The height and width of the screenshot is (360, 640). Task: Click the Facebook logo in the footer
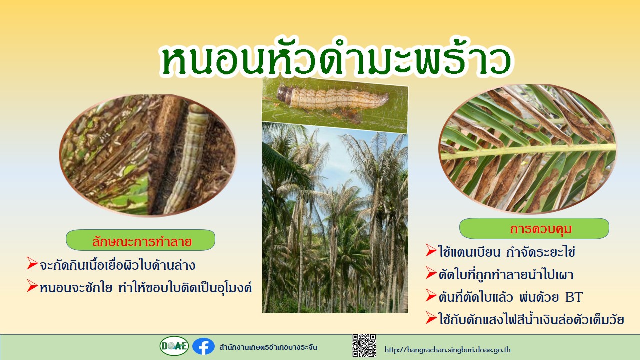[203, 346]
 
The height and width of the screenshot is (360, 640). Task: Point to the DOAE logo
[174, 346]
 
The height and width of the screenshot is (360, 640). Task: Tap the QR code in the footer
[364, 345]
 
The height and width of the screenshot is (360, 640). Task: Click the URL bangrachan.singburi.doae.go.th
[447, 349]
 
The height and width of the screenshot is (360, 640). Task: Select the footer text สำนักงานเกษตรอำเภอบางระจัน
[268, 347]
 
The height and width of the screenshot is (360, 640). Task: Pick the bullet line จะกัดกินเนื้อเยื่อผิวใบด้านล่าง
[117, 265]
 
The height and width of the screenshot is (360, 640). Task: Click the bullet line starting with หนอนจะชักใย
[146, 288]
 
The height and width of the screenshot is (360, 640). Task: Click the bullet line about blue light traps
[531, 319]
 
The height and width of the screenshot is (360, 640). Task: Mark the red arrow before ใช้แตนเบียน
[431, 250]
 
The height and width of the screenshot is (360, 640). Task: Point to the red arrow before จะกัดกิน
[32, 263]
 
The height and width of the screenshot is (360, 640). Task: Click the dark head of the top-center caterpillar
[284, 95]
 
